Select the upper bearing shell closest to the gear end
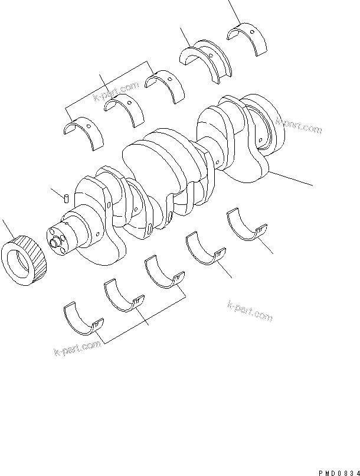(83, 133)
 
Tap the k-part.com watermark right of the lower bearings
(249, 311)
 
